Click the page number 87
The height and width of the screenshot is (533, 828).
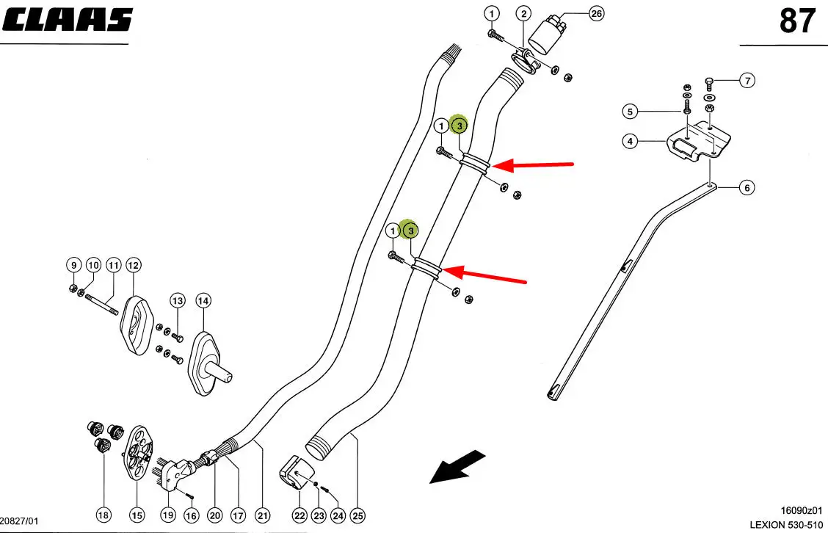(x=796, y=21)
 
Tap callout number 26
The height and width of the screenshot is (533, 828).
(x=596, y=13)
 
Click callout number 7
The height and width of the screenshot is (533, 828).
(x=747, y=81)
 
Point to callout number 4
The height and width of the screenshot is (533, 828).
(x=630, y=141)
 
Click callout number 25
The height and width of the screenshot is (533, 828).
(x=358, y=516)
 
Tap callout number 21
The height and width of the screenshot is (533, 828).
(x=264, y=516)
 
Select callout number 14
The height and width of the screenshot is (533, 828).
(x=203, y=300)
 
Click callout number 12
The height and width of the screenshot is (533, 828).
(x=133, y=264)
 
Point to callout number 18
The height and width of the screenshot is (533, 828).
(x=104, y=516)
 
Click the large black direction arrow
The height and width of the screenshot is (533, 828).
(x=457, y=467)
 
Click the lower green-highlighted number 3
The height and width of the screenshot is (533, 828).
(x=411, y=231)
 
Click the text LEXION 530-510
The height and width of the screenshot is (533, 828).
(x=786, y=524)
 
